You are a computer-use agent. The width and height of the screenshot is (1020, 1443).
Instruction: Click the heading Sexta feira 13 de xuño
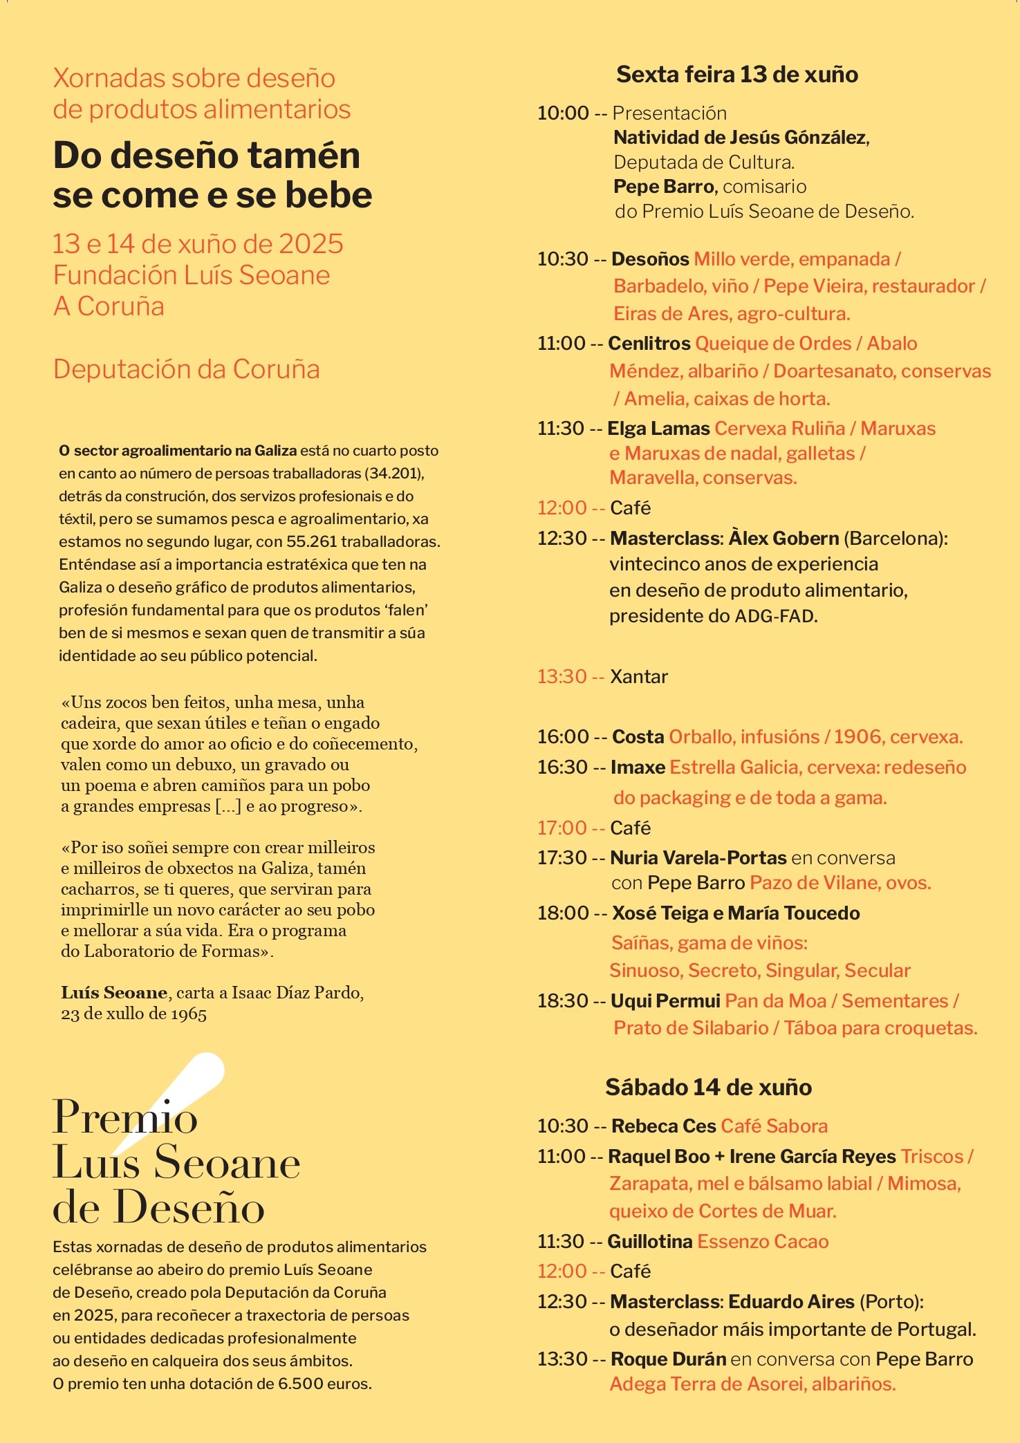point(736,75)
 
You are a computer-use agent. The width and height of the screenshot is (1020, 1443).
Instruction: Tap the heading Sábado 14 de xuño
point(708,1088)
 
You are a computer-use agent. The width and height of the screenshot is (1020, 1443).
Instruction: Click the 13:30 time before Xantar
point(562,676)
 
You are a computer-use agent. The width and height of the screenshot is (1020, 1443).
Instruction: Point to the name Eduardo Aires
point(791,1302)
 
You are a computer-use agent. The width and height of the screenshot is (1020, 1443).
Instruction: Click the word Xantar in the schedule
point(638,676)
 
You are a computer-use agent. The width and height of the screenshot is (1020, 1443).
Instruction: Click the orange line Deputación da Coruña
point(186,369)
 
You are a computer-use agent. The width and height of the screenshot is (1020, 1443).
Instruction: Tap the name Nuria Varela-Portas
point(698,858)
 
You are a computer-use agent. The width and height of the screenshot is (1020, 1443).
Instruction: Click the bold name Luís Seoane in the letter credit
point(114,993)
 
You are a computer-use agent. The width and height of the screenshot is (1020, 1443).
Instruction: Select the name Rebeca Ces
point(663,1126)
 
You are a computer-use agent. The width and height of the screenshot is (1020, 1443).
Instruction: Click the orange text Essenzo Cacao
point(763,1242)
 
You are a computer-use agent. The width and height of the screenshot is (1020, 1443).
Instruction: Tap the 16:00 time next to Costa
point(562,737)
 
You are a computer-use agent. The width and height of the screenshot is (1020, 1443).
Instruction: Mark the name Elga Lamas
point(658,429)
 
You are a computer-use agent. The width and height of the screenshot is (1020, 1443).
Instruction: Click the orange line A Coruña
point(109,306)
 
